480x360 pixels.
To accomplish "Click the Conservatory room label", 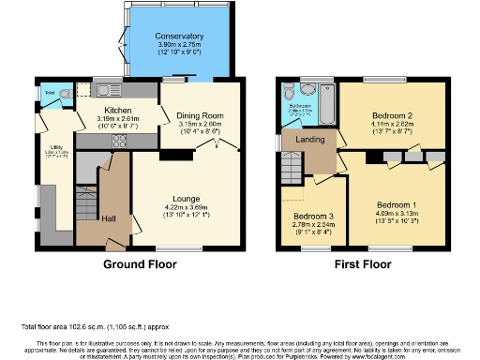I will pos(178,37).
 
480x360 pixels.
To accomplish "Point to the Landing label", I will pos(311,141).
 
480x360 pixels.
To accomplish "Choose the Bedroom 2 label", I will pos(392,113).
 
